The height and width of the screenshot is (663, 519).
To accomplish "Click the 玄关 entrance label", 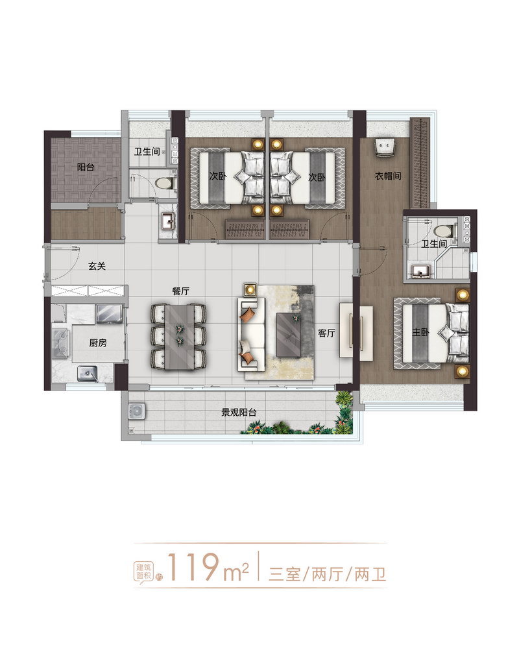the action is pyautogui.click(x=97, y=266).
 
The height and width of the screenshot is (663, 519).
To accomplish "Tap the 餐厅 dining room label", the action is pyautogui.click(x=180, y=291).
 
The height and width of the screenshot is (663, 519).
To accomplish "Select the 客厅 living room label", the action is pyautogui.click(x=326, y=333).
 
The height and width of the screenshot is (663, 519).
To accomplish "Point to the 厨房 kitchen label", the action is pyautogui.click(x=98, y=343).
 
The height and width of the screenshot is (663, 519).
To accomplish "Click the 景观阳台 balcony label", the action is pyautogui.click(x=239, y=412).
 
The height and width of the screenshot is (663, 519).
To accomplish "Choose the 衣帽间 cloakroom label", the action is pyautogui.click(x=388, y=176).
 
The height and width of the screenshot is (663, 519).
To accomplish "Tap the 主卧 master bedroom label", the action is pyautogui.click(x=421, y=332).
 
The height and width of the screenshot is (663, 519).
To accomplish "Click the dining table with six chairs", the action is pyautogui.click(x=178, y=337).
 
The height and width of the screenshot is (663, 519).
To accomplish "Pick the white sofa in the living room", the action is pyautogui.click(x=251, y=335).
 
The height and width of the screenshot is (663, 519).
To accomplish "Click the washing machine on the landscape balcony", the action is pyautogui.click(x=137, y=411).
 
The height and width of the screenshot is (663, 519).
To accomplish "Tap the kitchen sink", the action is pyautogui.click(x=87, y=374).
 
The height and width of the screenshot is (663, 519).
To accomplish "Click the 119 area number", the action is pyautogui.click(x=195, y=566).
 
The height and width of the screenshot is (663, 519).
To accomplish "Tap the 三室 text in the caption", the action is pyautogui.click(x=284, y=575).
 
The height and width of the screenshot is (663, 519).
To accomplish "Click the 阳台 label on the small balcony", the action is pyautogui.click(x=86, y=167).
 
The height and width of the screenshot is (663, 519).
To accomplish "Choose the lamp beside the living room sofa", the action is pyautogui.click(x=250, y=289).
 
